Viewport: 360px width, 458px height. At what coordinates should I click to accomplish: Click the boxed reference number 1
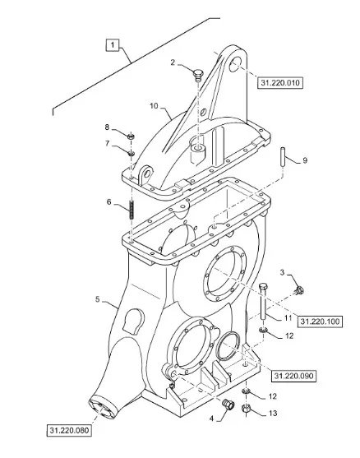113,45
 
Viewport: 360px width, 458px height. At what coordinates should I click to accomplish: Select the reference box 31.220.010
280,83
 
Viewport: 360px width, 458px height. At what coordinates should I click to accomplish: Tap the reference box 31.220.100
320,322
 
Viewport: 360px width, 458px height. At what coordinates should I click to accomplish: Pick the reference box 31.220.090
293,376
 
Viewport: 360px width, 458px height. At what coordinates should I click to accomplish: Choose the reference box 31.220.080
69,431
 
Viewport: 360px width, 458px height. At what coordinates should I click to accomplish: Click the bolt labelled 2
198,74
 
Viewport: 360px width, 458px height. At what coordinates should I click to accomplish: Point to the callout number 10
154,106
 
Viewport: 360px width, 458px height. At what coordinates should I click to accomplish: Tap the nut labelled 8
131,136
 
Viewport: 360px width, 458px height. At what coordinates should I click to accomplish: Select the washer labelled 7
131,152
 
